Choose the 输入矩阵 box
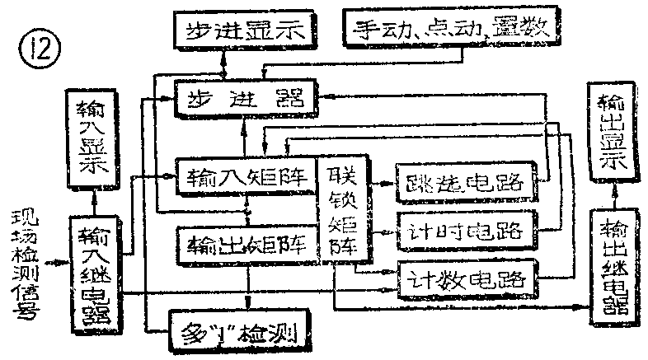point(246,175)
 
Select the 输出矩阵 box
point(246,243)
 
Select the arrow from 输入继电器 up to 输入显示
point(97,199)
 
